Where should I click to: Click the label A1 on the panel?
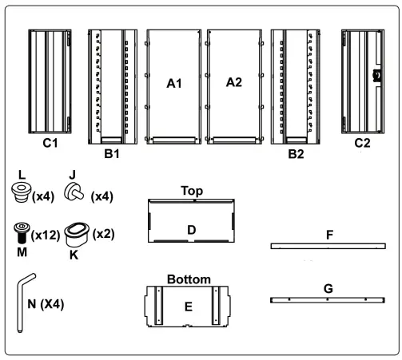click(x=174, y=84)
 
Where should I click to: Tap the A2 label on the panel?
click(x=234, y=82)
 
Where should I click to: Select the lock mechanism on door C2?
click(x=377, y=75)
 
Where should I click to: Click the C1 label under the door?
click(x=50, y=143)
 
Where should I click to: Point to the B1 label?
click(x=112, y=154)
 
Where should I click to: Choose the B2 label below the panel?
click(x=296, y=154)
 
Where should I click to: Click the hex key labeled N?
click(x=25, y=303)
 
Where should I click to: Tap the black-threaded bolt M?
click(x=22, y=233)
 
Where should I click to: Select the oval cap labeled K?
click(x=77, y=235)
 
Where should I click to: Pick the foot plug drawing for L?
click(x=22, y=192)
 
